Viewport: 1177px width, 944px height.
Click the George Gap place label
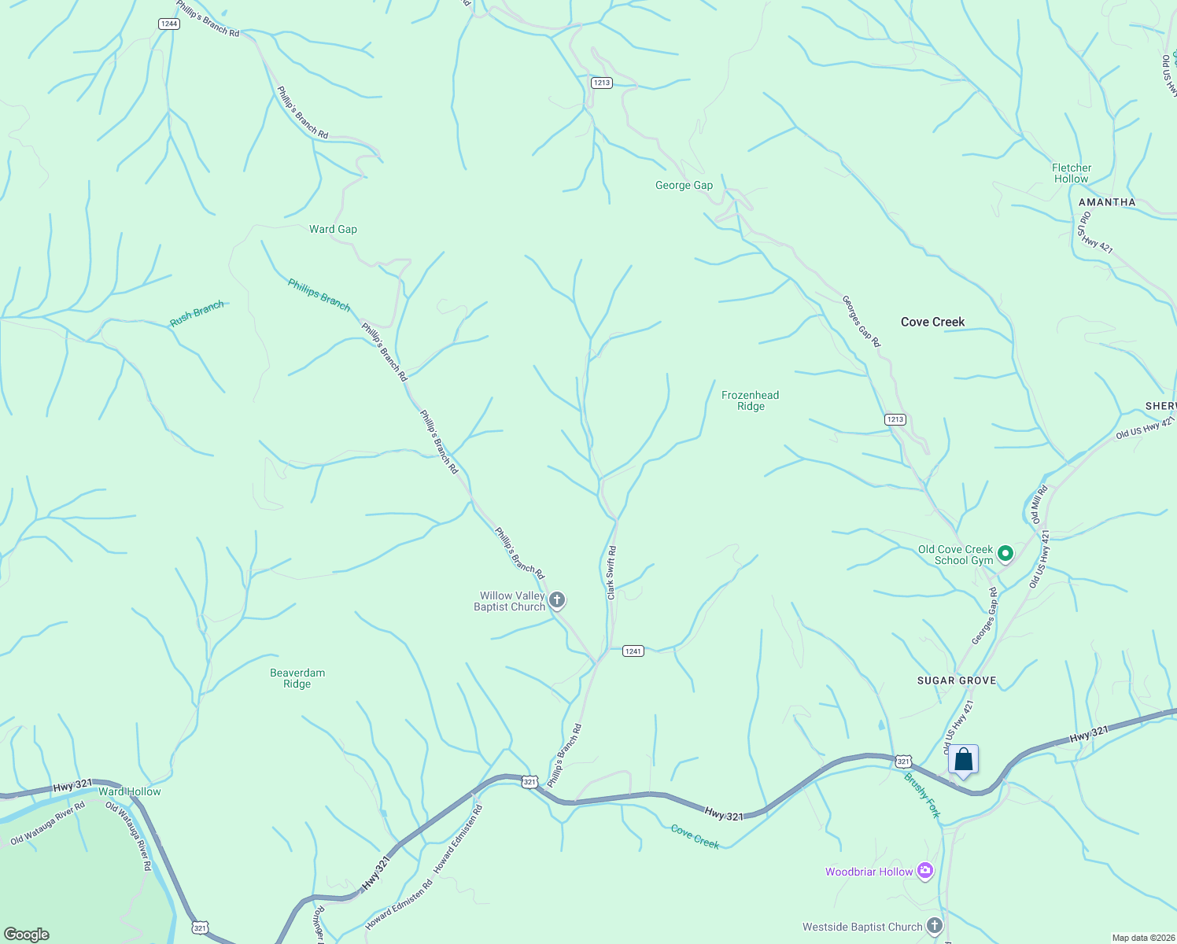pyautogui.click(x=684, y=186)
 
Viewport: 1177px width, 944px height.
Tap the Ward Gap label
pyautogui.click(x=333, y=230)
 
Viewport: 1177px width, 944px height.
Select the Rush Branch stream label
pyautogui.click(x=197, y=314)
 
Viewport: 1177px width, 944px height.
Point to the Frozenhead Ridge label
pyautogui.click(x=751, y=400)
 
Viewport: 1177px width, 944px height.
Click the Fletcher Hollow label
pyautogui.click(x=1071, y=173)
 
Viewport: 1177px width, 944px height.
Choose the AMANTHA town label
pyautogui.click(x=1106, y=202)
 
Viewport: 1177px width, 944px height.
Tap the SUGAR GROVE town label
pyautogui.click(x=957, y=680)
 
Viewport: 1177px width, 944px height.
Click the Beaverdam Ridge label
pyautogui.click(x=297, y=678)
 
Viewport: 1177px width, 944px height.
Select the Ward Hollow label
pyautogui.click(x=130, y=791)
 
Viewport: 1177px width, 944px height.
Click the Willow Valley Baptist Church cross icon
pyautogui.click(x=557, y=602)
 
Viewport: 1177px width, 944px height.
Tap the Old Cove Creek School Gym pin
pyautogui.click(x=1005, y=555)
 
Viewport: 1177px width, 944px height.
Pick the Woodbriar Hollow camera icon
pyautogui.click(x=925, y=871)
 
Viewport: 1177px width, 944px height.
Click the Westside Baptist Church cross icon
pyautogui.click(x=935, y=926)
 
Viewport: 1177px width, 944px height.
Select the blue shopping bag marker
pyautogui.click(x=963, y=761)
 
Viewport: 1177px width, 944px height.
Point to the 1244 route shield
pyautogui.click(x=169, y=24)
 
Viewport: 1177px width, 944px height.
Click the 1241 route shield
pyautogui.click(x=633, y=651)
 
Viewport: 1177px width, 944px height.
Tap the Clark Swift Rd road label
pyautogui.click(x=611, y=573)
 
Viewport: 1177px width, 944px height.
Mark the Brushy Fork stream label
pyautogui.click(x=922, y=795)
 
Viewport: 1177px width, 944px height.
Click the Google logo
pyautogui.click(x=27, y=935)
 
